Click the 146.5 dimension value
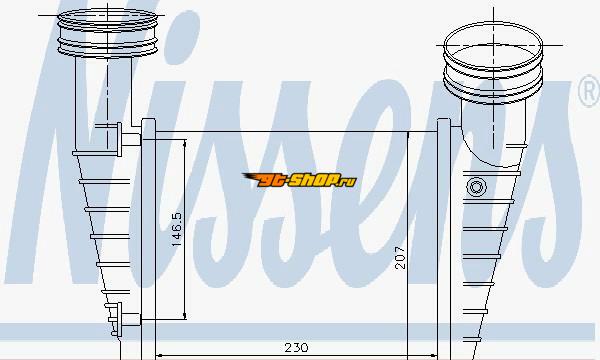(x=176, y=229)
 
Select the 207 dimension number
(x=400, y=258)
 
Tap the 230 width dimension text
(x=296, y=347)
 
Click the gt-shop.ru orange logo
(x=299, y=180)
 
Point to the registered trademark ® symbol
(x=589, y=91)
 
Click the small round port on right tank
(x=476, y=187)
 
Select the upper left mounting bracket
(x=117, y=139)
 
